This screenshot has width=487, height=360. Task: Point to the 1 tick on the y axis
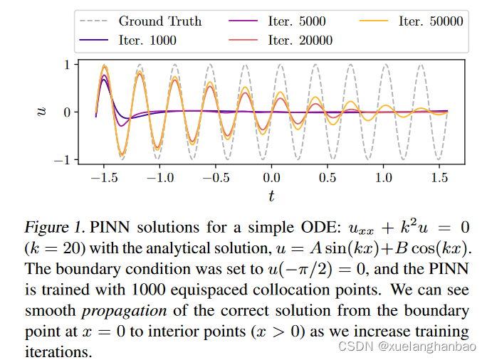(x=67, y=65)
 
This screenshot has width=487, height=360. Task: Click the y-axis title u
(x=42, y=112)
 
